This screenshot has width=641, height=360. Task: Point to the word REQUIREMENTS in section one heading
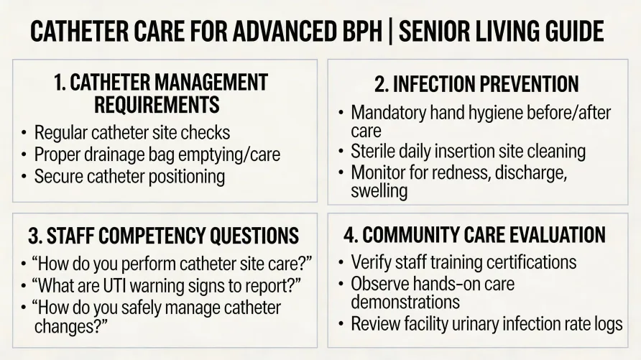click(x=157, y=105)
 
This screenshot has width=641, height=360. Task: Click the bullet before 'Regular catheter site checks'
click(x=24, y=133)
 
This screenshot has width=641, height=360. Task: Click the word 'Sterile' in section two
click(x=374, y=152)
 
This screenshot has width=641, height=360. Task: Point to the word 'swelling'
click(x=379, y=191)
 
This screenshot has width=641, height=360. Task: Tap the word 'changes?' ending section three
click(x=71, y=326)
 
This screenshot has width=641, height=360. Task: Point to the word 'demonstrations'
click(x=405, y=302)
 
